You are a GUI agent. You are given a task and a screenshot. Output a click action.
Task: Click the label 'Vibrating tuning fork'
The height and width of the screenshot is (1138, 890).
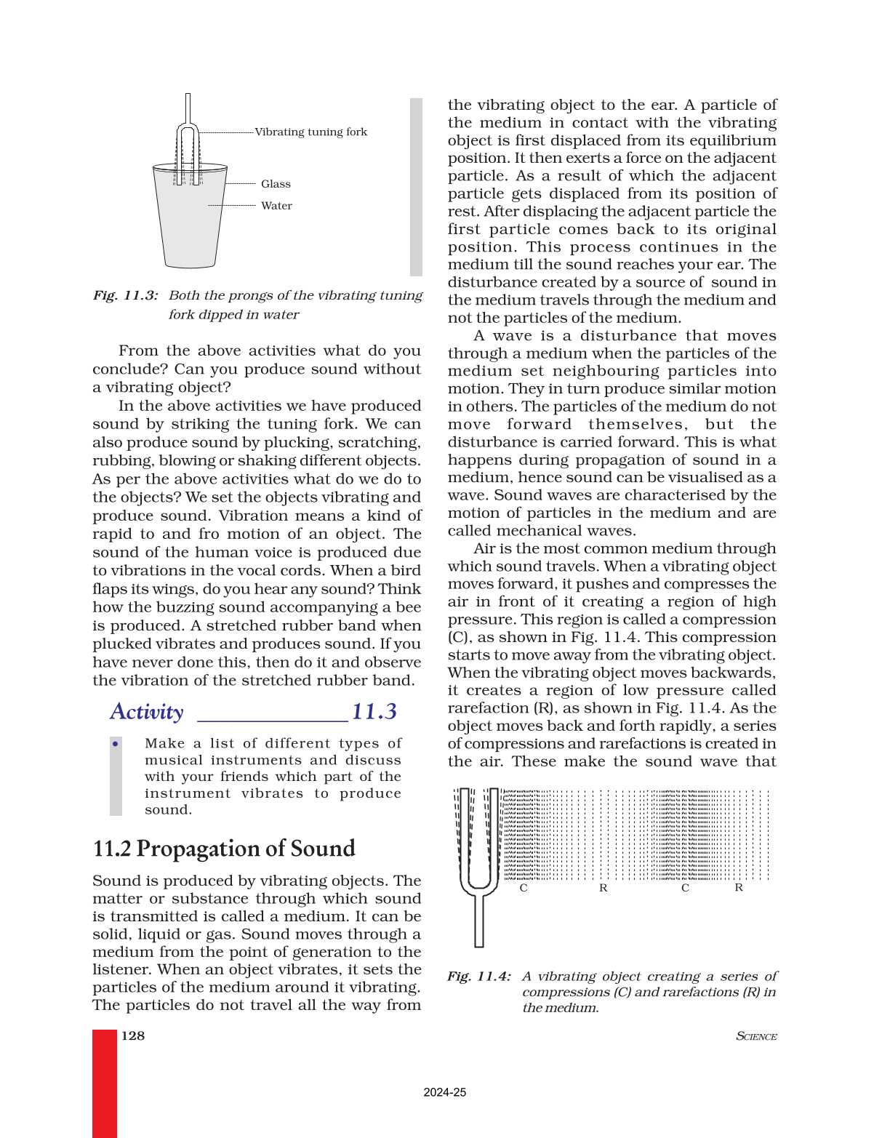[310, 132]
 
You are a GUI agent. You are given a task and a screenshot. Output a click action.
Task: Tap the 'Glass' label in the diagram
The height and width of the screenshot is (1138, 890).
[276, 184]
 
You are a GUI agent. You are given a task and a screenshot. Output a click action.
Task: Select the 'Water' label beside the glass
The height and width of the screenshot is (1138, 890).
[276, 206]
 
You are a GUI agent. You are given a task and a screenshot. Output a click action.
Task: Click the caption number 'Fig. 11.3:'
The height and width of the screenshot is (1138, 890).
[125, 295]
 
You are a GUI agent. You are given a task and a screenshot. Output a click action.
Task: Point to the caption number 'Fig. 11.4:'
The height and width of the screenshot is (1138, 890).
[478, 976]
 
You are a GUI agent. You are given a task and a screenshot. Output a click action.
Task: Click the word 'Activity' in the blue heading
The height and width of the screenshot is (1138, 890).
[147, 711]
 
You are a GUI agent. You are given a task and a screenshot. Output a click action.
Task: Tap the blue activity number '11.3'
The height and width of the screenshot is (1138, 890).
[374, 711]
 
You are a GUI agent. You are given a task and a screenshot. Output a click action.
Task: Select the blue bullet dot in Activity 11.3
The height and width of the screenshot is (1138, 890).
[116, 743]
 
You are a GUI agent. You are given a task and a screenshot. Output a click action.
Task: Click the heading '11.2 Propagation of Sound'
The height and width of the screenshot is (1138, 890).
[224, 849]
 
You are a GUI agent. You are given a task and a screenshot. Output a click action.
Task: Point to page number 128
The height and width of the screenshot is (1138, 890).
[133, 1035]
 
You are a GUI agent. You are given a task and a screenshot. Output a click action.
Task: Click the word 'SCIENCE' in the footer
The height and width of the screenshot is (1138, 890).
[756, 1036]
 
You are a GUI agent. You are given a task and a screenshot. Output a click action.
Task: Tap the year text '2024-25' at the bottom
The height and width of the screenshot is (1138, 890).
[444, 1092]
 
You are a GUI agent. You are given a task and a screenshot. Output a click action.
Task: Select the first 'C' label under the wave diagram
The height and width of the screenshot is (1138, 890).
[524, 888]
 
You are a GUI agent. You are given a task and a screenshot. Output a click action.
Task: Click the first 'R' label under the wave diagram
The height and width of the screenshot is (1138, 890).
[603, 888]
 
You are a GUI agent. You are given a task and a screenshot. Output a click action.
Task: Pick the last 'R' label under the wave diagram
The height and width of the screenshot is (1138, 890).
[739, 888]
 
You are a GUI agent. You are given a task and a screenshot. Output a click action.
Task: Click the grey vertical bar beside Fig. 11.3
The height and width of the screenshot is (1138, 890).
[416, 187]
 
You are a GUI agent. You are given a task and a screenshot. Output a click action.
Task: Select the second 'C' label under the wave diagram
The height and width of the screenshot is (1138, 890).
[685, 888]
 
